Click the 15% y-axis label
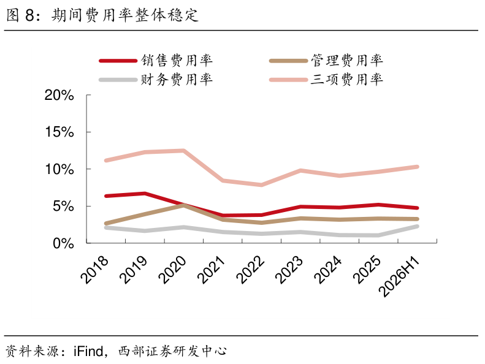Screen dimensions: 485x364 59,132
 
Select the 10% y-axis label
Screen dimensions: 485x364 59,169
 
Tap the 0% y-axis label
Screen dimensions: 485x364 63,243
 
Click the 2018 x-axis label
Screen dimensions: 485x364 94,270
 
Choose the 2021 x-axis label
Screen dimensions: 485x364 212,270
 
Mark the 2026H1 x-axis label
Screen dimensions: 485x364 399,276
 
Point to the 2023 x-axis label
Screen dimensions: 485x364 289,270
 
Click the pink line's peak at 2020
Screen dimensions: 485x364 184,151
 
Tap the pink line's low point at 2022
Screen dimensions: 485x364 262,185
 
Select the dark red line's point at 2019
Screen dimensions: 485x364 145,194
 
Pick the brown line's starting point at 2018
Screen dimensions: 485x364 106,223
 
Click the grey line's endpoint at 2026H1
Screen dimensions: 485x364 418,226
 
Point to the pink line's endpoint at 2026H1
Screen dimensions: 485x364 418,167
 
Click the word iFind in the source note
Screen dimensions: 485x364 88,351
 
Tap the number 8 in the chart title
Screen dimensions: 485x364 29,15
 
